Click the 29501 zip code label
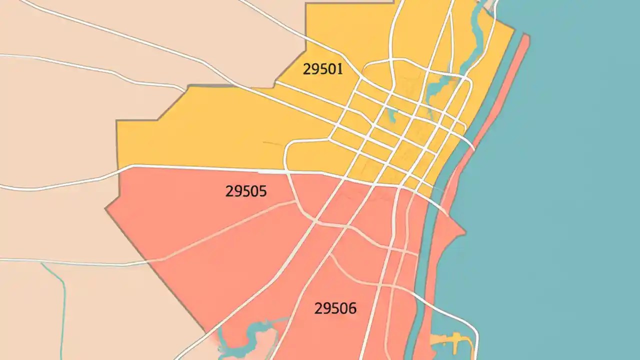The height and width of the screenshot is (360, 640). tap(322, 69)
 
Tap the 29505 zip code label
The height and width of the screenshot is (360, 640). tap(246, 191)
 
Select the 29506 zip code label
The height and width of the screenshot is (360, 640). tap(335, 308)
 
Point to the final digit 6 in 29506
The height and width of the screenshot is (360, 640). tap(352, 308)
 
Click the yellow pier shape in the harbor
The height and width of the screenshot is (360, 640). tap(452, 340)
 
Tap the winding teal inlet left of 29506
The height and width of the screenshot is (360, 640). tap(250, 330)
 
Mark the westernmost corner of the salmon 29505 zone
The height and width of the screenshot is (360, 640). tap(106, 209)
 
